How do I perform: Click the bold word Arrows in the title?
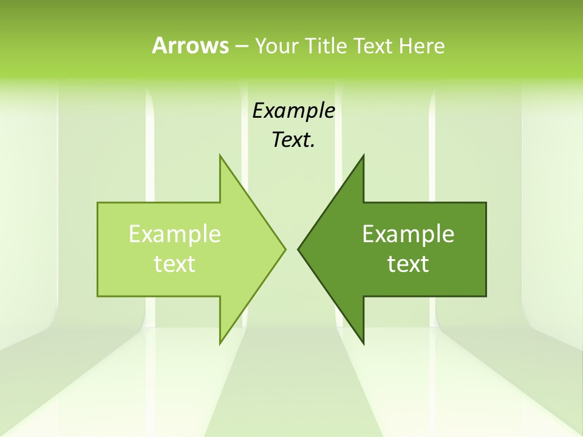pyautogui.click(x=189, y=46)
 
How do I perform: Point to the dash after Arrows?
pyautogui.click(x=241, y=46)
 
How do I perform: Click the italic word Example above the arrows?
pyautogui.click(x=293, y=110)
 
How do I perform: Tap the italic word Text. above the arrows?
pyautogui.click(x=293, y=140)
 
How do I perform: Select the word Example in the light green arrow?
pyautogui.click(x=175, y=234)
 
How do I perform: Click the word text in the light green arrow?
pyautogui.click(x=175, y=263)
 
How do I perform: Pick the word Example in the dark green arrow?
pyautogui.click(x=408, y=234)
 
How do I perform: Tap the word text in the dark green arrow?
pyautogui.click(x=408, y=263)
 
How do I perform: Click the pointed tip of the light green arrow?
pyautogui.click(x=285, y=249)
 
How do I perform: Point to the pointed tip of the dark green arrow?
pyautogui.click(x=298, y=249)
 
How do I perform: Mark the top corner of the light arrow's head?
pyautogui.click(x=220, y=155)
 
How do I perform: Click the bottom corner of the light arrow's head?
pyautogui.click(x=220, y=343)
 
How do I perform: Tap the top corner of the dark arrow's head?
pyautogui.click(x=363, y=155)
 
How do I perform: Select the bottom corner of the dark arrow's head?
pyautogui.click(x=363, y=343)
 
